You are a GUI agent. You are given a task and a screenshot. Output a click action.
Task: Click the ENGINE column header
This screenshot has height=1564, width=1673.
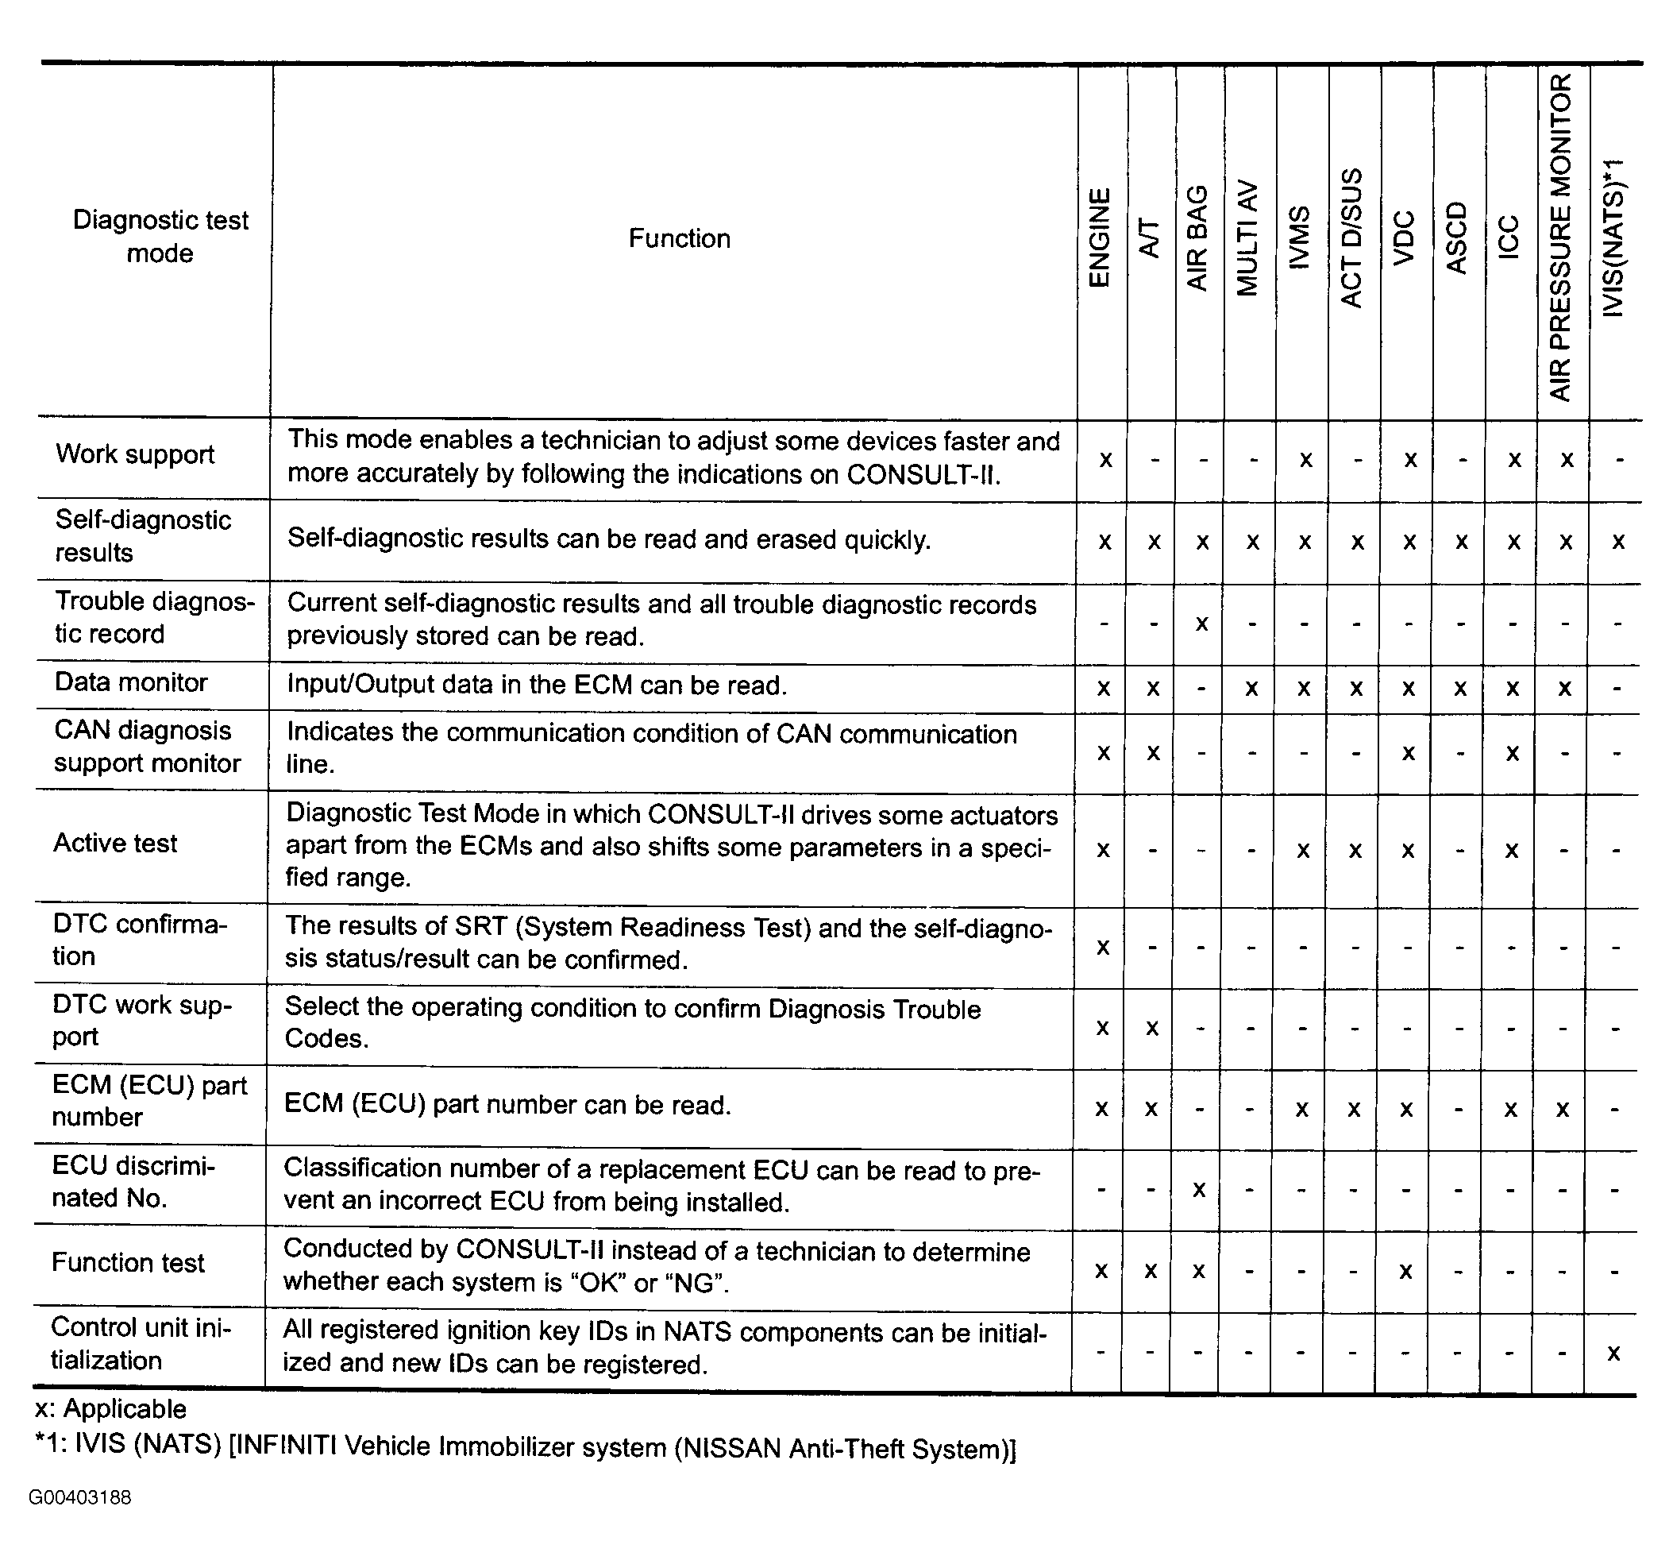coord(1099,238)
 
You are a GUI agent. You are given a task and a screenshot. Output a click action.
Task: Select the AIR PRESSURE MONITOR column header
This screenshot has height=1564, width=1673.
coord(1560,238)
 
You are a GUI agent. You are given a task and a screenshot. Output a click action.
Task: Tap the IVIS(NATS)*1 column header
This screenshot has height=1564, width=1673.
coord(1613,238)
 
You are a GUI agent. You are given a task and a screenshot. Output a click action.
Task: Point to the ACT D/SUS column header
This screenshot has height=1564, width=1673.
coord(1351,238)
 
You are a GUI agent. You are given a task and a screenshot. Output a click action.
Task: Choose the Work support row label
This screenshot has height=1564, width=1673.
coord(135,454)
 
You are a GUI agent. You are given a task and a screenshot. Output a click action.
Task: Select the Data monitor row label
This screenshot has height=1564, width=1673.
coord(130,682)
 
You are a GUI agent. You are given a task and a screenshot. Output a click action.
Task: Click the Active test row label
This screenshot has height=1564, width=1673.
coord(115,844)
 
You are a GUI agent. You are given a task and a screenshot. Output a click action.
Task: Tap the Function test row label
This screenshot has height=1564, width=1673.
coord(128,1263)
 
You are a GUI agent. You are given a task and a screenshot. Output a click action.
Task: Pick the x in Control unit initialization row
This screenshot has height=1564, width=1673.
coord(1613,1353)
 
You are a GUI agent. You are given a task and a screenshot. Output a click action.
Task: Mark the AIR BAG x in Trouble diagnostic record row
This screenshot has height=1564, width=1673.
coord(1201,623)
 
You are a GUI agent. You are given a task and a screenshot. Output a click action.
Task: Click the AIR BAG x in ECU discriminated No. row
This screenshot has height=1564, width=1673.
coord(1199,1189)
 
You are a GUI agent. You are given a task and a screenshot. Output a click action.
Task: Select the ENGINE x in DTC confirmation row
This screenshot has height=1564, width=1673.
coord(1102,947)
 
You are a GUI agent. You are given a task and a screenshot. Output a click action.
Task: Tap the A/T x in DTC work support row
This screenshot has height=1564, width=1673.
coord(1152,1028)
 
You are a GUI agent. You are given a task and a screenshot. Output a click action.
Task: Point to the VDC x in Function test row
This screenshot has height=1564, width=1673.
coord(1405,1271)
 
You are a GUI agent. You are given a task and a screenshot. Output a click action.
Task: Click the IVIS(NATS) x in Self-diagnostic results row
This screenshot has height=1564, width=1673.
coord(1617,541)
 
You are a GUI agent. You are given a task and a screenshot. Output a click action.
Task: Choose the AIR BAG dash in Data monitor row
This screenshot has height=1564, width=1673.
coord(1201,689)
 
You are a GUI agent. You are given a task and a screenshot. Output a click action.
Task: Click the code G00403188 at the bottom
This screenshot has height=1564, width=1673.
coord(80,1497)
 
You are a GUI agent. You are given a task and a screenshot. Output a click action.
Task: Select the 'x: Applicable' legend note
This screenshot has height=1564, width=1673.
coord(110,1408)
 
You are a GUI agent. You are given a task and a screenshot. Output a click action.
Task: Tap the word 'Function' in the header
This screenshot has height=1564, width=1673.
coord(679,238)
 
